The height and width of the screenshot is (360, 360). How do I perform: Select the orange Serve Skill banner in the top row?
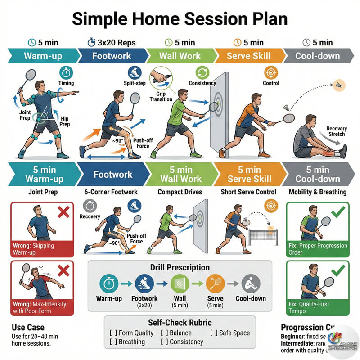coord(249,56)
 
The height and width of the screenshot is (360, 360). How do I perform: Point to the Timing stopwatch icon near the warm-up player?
coord(66,72)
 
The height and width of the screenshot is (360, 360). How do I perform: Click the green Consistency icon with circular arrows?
coord(202,72)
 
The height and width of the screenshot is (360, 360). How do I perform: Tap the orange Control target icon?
coord(271,72)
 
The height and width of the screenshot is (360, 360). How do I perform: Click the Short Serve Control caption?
coord(248,192)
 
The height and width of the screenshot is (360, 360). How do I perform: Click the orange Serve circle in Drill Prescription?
coord(215,284)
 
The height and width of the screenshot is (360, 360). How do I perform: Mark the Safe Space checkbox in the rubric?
coord(212,333)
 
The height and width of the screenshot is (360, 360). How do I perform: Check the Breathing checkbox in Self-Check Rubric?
coord(113,342)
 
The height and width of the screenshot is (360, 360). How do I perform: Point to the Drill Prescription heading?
coord(180,267)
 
